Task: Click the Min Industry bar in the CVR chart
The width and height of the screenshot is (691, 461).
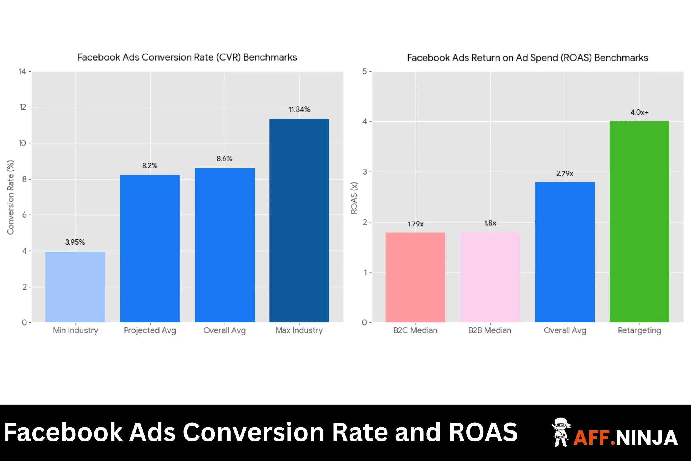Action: coord(75,287)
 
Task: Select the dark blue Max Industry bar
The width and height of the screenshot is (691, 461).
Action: coord(299,220)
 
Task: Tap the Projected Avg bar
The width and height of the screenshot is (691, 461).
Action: coord(150,248)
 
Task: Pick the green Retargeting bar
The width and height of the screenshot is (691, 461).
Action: coord(639,222)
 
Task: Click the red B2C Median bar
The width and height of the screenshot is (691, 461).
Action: coord(415,277)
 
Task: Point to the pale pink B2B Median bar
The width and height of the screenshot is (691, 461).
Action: coord(490,277)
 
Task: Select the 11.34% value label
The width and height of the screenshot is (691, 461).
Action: coord(299,109)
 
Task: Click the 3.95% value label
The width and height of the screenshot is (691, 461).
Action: coord(75,242)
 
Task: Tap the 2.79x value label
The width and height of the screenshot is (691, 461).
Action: coord(564,173)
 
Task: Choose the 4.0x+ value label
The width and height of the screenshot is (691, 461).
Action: coord(639,112)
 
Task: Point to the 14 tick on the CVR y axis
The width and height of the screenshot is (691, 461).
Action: coord(23,71)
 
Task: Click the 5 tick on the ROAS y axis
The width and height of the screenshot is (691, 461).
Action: coord(364,71)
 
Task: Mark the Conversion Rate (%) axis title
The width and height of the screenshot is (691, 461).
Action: coord(11,197)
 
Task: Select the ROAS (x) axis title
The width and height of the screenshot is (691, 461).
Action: coord(354,198)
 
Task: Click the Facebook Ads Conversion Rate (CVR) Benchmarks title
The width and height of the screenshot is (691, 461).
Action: coord(187,57)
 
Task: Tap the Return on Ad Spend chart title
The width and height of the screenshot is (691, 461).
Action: coord(527,58)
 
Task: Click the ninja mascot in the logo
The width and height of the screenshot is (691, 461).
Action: coord(561,432)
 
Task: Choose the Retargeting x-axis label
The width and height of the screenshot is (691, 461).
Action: coord(639,330)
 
